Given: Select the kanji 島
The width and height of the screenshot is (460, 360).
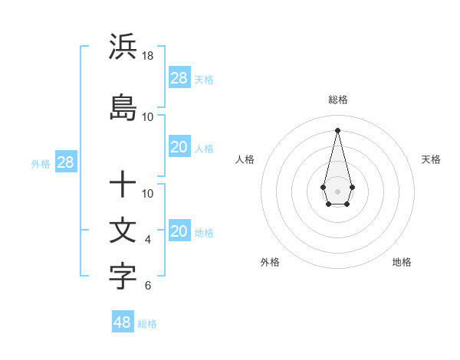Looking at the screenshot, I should (123, 108).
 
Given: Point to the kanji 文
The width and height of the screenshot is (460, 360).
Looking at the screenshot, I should (123, 231).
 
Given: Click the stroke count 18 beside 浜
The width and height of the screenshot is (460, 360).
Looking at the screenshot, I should (148, 56).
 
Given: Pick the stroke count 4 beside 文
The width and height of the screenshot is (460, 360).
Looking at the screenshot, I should (148, 240).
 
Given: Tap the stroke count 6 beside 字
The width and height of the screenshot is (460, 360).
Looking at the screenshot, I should (148, 286).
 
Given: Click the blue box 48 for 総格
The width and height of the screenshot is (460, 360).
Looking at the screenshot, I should (123, 322).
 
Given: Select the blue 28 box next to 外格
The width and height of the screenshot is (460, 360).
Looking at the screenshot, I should (65, 163).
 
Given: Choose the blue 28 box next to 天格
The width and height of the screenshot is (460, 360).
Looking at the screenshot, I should (179, 78).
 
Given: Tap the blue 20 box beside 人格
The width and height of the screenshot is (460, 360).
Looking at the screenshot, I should (179, 148).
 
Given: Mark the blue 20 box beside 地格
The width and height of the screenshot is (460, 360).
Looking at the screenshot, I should (179, 232).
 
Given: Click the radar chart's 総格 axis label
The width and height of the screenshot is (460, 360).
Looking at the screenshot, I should (338, 100).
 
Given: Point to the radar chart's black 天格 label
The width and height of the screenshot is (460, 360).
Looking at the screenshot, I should (431, 159).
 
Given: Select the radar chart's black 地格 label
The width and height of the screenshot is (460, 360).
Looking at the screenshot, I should (402, 262).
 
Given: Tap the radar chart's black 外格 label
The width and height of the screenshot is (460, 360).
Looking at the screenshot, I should (270, 262).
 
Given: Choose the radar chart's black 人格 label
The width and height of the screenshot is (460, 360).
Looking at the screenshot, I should (245, 159).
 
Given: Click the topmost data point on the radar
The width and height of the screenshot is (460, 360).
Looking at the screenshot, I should (337, 129).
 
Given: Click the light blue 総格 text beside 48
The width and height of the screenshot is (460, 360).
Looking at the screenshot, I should (147, 324).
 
